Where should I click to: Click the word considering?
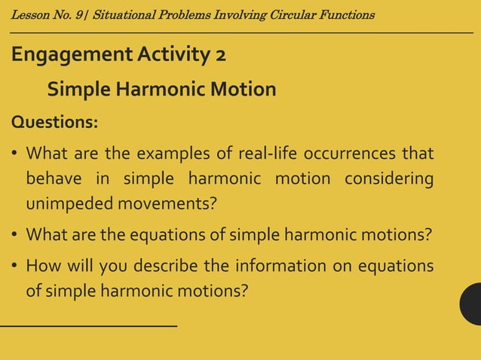point(389,179)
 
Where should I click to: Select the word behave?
point(54,179)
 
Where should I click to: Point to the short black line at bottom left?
point(88,325)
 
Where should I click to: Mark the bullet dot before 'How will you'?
point(15,267)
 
